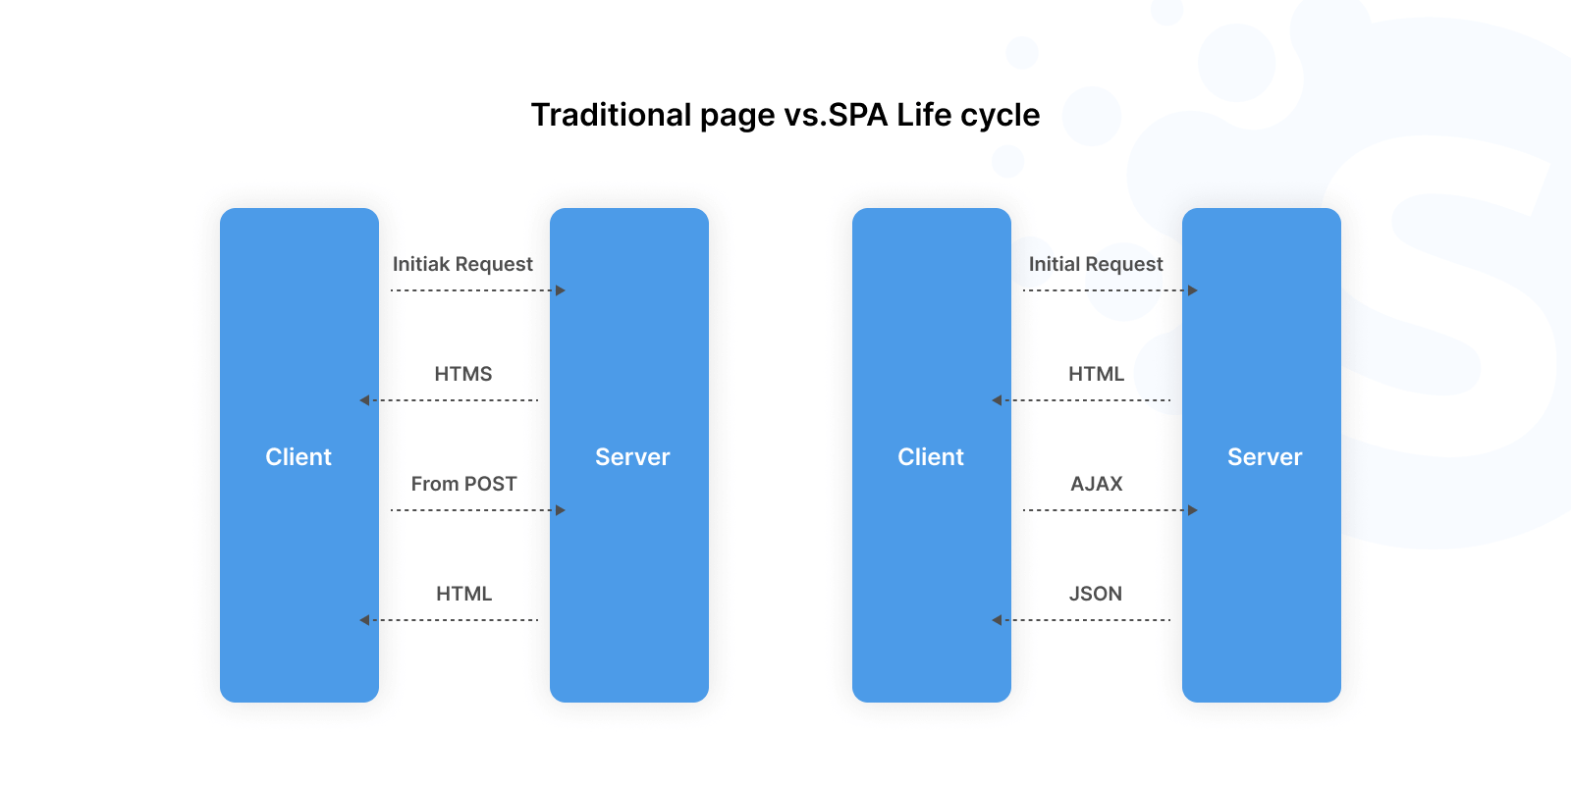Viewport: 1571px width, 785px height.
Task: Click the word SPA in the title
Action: coord(858,115)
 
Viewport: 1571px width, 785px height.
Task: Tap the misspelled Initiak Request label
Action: coord(462,264)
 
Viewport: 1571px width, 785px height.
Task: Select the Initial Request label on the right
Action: coord(1095,264)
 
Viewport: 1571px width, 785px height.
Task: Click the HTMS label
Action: coord(462,374)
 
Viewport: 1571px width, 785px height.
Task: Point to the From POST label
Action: coord(463,484)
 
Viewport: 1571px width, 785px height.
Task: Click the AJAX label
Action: coord(1096,484)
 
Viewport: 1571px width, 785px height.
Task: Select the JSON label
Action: coord(1095,594)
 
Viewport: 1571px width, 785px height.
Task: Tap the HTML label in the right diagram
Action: coord(1096,374)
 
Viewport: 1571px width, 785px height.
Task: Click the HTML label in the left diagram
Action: coord(463,594)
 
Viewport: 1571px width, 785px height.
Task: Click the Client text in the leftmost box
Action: coord(298,457)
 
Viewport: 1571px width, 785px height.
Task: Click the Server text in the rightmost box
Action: coord(1264,457)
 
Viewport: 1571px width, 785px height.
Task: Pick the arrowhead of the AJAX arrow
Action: coord(1193,510)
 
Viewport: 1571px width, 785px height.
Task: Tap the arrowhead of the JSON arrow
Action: coord(997,620)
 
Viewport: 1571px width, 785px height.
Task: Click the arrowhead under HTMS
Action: coord(364,400)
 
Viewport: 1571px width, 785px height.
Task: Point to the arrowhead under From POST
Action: coord(561,510)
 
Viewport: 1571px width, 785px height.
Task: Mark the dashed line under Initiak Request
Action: coord(471,290)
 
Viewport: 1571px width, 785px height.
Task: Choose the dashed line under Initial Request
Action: coord(1104,290)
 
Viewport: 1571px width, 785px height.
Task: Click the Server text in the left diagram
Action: coord(631,457)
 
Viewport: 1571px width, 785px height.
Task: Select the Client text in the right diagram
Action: coord(930,457)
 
